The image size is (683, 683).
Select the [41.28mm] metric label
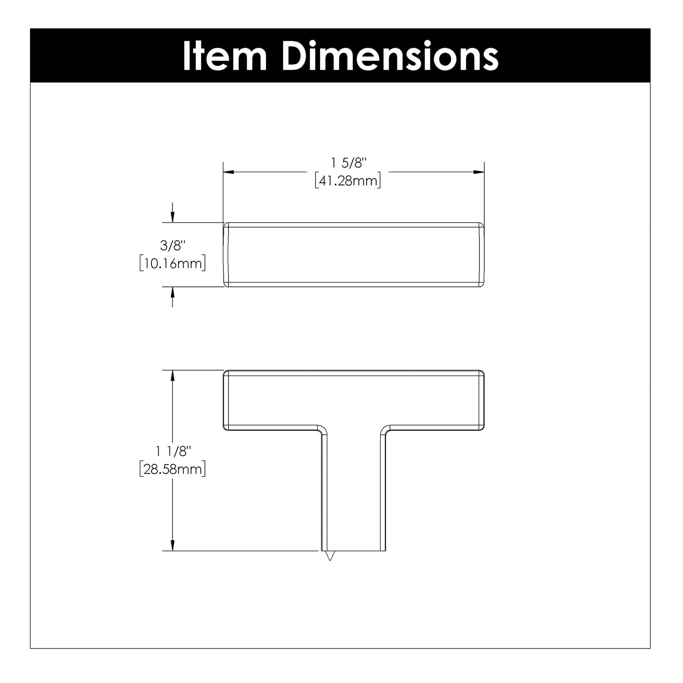(x=348, y=181)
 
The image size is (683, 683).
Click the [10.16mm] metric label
(x=173, y=263)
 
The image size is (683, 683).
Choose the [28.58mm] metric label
(x=173, y=469)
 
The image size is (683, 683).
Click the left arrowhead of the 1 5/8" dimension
(x=228, y=172)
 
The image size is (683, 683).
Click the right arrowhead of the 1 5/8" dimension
(x=479, y=172)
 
